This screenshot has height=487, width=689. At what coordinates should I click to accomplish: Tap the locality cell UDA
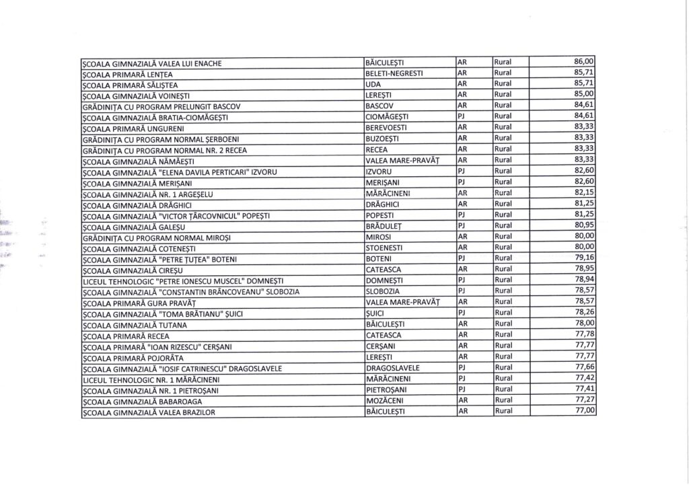coord(369,84)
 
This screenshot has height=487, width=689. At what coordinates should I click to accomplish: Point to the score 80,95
coord(584,225)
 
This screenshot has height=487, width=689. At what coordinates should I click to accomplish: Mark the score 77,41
coord(584,389)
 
